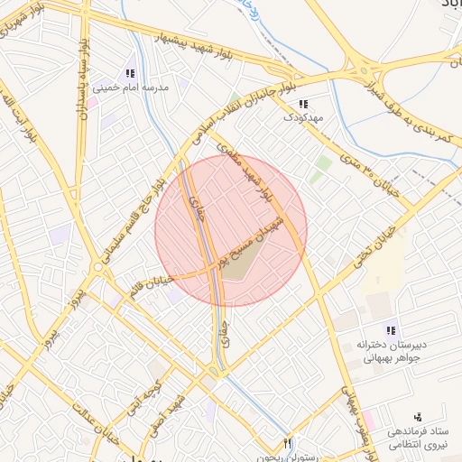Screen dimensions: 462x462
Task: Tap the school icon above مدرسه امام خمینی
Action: (x=131, y=73)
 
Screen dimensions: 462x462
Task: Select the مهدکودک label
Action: (x=301, y=117)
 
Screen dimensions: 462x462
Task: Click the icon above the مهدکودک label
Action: (x=302, y=104)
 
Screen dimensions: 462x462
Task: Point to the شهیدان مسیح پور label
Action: (x=262, y=235)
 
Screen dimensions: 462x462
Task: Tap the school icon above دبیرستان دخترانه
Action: (x=391, y=331)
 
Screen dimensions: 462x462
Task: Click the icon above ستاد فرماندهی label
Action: (x=417, y=418)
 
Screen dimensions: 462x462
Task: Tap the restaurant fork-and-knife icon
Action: (x=288, y=443)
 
